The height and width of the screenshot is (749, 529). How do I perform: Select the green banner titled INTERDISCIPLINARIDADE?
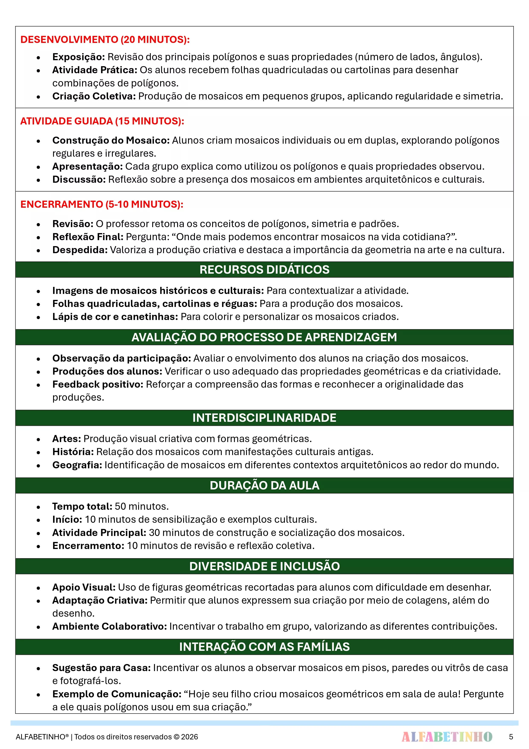(264, 418)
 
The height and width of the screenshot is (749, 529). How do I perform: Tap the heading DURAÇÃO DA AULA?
(264, 485)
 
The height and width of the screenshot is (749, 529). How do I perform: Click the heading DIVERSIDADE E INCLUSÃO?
(264, 566)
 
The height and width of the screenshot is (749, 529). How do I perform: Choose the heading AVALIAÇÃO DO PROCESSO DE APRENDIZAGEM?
(264, 337)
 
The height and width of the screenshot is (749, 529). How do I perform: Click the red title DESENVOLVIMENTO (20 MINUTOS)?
(105, 39)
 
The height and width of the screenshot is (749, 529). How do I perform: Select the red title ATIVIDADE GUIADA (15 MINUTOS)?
(102, 121)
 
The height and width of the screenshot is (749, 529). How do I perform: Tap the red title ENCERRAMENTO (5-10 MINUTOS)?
(102, 204)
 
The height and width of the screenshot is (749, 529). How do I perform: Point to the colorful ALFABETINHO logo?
(447, 737)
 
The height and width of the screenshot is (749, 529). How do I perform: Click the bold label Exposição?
(78, 57)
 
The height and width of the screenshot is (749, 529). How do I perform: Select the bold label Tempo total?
(82, 506)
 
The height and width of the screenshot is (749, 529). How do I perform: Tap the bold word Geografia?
(77, 465)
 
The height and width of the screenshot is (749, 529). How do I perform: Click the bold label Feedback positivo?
(98, 384)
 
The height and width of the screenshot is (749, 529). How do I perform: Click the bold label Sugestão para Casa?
(101, 668)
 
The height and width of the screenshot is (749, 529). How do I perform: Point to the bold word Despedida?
(80, 250)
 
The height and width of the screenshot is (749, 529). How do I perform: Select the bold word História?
(73, 452)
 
